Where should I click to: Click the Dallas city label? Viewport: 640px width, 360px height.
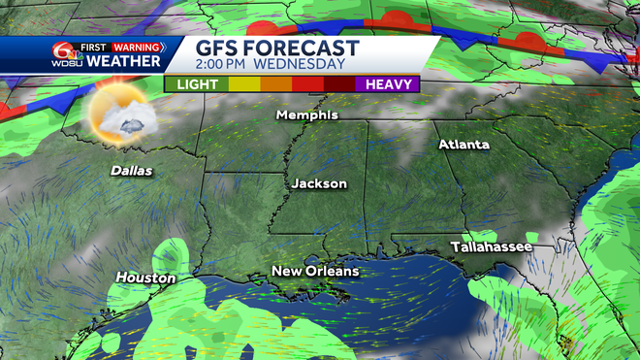[131, 171]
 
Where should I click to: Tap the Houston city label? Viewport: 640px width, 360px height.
[145, 278]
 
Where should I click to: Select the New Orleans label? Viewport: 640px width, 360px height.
[315, 271]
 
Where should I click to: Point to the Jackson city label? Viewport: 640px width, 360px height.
[319, 183]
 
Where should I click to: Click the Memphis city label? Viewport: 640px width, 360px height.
[307, 115]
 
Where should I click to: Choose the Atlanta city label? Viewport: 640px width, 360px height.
[464, 145]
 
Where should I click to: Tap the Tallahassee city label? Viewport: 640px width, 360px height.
[491, 248]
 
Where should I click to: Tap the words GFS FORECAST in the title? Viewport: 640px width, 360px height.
[277, 49]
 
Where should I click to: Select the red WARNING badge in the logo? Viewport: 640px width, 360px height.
[137, 47]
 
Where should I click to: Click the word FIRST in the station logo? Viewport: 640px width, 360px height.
[93, 47]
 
